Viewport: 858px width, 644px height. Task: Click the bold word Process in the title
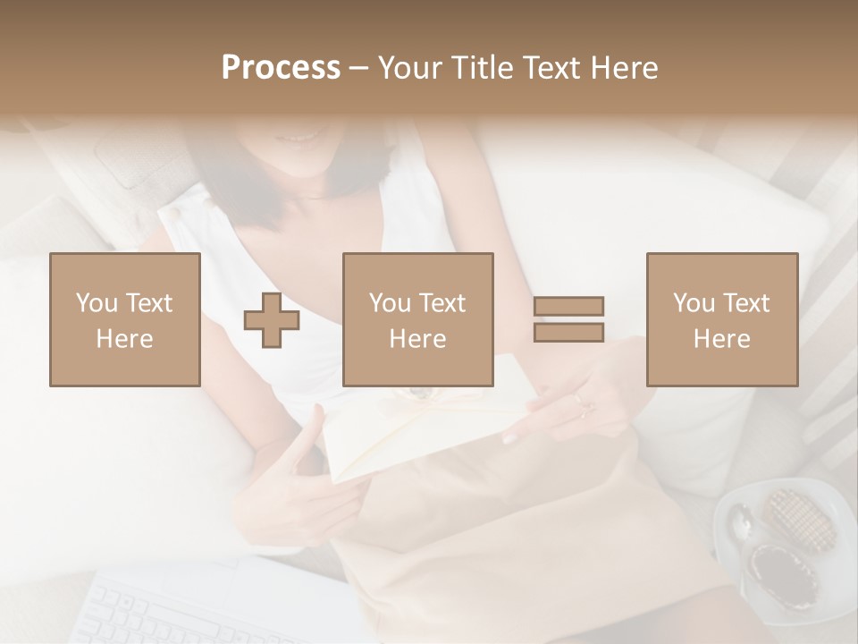tap(281, 68)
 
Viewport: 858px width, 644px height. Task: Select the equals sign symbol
tap(568, 319)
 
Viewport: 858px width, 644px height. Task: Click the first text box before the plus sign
tap(125, 319)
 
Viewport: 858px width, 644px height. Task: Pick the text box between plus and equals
tap(417, 319)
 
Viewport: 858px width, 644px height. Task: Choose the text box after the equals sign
tap(721, 319)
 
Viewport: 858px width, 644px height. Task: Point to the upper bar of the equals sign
tap(568, 307)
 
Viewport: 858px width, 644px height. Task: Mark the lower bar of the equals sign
tap(568, 332)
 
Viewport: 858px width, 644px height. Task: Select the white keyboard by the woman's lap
tap(206, 608)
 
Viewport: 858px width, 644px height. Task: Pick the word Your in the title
tap(409, 68)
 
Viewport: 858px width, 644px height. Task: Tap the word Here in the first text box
tap(125, 339)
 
